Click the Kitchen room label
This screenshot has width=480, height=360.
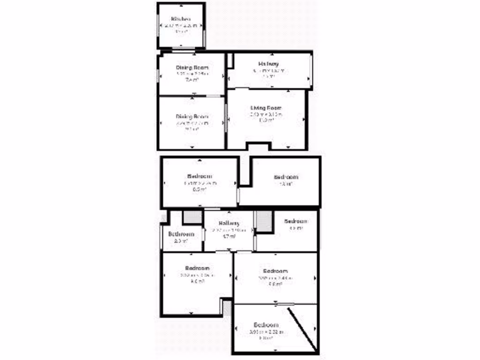coord(181,19)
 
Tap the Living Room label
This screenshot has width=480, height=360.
coord(266,108)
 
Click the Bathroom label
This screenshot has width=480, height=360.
coord(181,234)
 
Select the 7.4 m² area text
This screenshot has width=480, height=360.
coord(192,80)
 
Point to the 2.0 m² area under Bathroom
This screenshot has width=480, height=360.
coord(181,241)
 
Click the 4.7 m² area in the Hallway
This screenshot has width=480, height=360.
coord(229,237)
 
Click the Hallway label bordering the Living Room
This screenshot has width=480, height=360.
coord(269,64)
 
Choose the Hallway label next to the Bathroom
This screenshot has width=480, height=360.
coord(229,223)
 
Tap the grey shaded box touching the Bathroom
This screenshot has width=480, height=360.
coord(192,218)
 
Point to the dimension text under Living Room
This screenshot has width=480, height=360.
coord(266,114)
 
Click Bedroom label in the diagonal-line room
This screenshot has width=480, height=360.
coord(266,325)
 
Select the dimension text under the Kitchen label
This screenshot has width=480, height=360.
coord(181,26)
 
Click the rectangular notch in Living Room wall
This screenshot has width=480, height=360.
coord(257,147)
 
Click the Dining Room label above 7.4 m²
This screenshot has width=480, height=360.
coord(192,67)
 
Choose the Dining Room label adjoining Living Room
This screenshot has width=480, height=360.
coord(192,116)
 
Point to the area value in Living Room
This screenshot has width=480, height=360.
coord(266,120)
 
